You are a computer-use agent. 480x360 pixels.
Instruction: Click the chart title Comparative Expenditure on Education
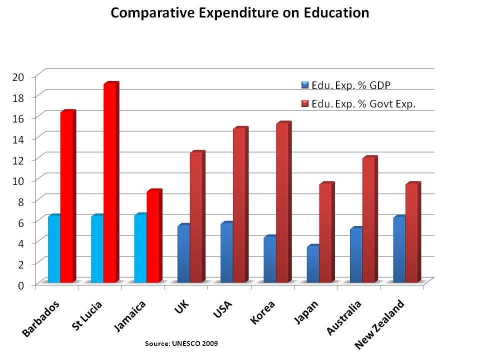pos(240,12)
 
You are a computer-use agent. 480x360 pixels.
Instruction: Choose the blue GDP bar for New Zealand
pos(399,249)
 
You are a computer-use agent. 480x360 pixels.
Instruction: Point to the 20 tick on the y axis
pos(18,76)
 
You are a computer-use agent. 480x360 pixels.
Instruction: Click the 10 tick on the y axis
pos(18,180)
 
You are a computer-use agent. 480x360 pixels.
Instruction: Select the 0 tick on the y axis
pos(21,285)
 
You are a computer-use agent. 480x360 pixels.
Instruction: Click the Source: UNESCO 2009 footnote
pos(181,344)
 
